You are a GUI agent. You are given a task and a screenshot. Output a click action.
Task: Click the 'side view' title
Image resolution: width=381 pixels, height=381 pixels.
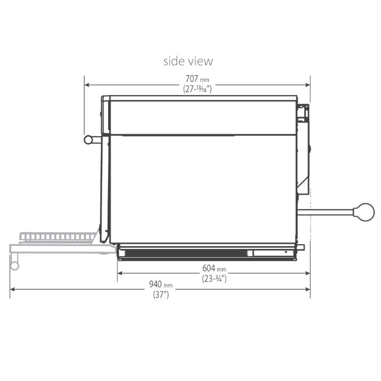188,61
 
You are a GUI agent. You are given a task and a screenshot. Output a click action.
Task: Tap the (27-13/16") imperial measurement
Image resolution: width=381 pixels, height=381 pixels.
197,89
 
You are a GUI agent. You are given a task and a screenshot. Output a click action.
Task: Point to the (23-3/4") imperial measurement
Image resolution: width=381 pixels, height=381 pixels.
213,279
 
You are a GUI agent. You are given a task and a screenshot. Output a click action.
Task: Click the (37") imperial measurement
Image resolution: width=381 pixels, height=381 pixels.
160,295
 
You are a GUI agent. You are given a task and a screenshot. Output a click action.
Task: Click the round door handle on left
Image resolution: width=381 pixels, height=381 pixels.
89,140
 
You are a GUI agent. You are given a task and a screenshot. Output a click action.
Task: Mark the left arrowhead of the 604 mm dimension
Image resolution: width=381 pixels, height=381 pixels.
120,273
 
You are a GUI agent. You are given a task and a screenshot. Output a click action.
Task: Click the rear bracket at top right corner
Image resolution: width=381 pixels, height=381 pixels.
302,112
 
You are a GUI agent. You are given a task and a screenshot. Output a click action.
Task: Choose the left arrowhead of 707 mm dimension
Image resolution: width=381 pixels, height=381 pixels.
87,85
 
